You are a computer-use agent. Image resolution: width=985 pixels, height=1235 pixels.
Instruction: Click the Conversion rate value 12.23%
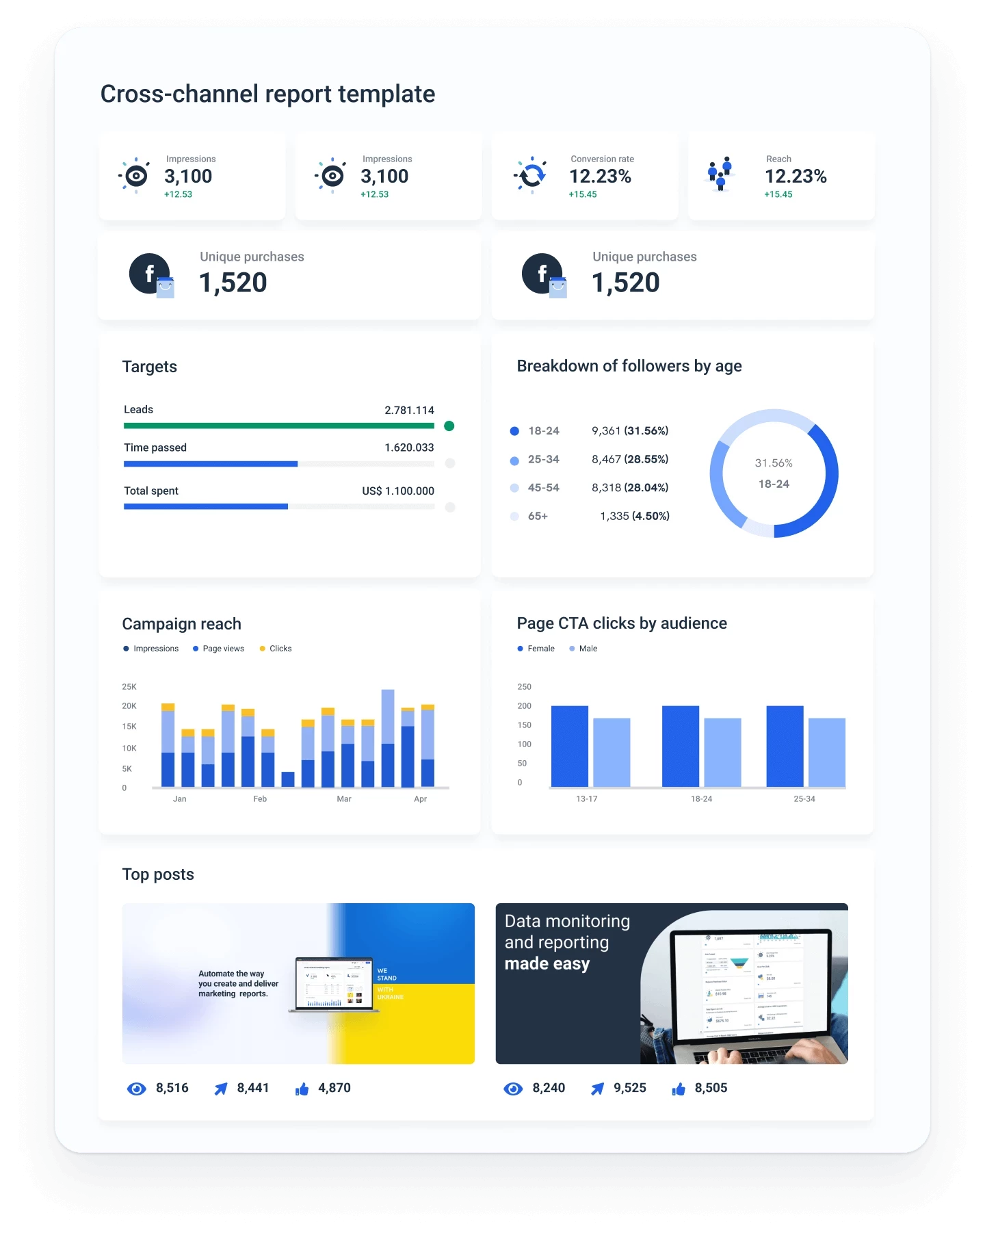click(600, 177)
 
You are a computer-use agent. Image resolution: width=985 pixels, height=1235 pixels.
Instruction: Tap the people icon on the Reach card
click(720, 174)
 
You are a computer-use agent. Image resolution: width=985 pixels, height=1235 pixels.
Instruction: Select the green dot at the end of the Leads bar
click(449, 426)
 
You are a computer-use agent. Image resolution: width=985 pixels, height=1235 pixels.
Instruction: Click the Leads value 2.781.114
click(409, 411)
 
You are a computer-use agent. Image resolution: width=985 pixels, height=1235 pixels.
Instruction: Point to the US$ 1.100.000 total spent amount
click(398, 491)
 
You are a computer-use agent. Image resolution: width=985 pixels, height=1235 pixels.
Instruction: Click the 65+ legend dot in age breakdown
click(514, 517)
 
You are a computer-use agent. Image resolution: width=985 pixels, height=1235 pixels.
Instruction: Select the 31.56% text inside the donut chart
click(774, 463)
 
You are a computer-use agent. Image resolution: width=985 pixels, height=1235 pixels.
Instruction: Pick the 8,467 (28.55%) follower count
click(630, 459)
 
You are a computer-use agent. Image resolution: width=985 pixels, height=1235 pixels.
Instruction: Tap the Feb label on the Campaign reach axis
click(260, 799)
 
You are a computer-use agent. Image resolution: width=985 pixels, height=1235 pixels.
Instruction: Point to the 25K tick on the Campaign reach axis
click(129, 687)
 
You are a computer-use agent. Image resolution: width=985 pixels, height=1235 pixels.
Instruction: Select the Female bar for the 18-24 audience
click(681, 746)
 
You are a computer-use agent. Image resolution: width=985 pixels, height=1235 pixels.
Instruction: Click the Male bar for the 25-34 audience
click(827, 753)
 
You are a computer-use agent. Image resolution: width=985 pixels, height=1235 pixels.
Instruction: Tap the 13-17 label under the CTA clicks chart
click(587, 799)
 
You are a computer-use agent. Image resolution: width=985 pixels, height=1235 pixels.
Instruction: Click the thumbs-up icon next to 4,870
click(302, 1089)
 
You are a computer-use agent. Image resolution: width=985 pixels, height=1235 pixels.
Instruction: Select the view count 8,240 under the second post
click(549, 1088)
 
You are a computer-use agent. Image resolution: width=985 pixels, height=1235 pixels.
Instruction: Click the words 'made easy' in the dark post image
click(547, 964)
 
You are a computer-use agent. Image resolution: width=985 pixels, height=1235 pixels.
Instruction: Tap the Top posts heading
click(158, 874)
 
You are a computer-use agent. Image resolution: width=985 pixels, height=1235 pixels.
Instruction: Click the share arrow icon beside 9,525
click(597, 1089)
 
